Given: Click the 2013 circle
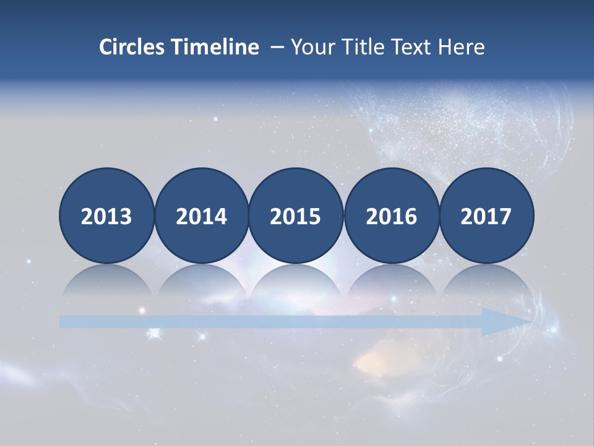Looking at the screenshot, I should coord(106,216).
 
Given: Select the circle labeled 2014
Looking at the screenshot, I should coord(201,216).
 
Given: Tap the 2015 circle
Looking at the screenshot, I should coord(296,216).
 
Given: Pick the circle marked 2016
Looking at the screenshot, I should coord(391,216).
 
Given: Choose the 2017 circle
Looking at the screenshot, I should coord(486,216).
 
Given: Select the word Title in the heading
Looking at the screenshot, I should coord(361,47).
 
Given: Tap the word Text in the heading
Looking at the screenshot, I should coord(412,47).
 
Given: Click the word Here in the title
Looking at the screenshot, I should coord(461,47).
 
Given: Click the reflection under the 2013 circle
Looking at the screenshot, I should coord(106,282).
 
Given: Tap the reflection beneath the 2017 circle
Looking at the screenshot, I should coord(486,282).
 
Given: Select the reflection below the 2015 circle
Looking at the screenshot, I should coord(296,282).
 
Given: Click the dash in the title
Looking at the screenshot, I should coord(277,47).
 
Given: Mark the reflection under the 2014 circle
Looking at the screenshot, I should coord(201,282).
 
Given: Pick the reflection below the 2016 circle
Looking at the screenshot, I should coord(391,282).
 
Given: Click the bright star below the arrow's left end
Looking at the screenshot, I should coord(154,334).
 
